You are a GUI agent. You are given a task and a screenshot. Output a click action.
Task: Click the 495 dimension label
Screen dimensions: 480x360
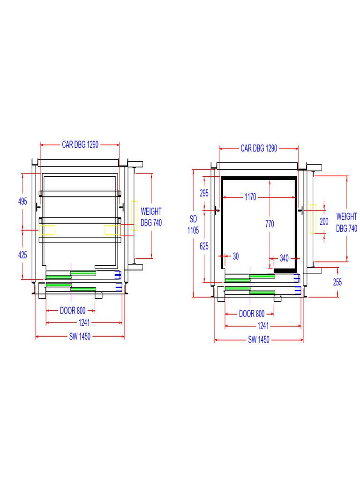point(22,202)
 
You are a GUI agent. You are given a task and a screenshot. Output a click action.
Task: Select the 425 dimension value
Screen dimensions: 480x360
point(22,255)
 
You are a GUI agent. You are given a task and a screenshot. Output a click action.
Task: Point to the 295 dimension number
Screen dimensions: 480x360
point(204,193)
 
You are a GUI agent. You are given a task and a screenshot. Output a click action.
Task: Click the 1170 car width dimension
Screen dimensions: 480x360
point(250,198)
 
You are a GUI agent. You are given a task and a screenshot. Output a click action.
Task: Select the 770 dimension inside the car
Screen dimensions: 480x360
point(270,224)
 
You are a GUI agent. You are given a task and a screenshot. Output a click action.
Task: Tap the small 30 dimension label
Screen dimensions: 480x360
point(236,257)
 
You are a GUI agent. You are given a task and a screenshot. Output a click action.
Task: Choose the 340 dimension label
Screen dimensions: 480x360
point(284,257)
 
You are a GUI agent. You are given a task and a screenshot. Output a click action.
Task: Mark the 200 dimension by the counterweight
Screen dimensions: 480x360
point(324,222)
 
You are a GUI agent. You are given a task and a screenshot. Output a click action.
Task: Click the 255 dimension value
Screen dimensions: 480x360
point(337,283)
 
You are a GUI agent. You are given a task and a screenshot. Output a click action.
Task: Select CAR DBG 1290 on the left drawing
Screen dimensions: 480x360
point(80,145)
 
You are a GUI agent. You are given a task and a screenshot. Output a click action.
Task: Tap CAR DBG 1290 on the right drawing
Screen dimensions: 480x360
point(259,149)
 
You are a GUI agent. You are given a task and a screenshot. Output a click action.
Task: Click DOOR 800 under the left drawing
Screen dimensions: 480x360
point(73,311)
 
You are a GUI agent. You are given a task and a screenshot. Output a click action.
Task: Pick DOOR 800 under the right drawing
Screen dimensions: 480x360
point(252,314)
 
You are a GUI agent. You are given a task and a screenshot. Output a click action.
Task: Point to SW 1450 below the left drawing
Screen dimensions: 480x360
point(80,337)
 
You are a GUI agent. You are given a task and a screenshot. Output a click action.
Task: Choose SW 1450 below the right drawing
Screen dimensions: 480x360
point(259,340)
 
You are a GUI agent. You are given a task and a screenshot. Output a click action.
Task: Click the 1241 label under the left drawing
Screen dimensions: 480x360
point(84,323)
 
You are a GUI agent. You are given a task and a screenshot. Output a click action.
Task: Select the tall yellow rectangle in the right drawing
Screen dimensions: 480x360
point(313,219)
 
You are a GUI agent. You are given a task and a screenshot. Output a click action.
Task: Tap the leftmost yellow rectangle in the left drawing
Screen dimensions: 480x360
point(47,230)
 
